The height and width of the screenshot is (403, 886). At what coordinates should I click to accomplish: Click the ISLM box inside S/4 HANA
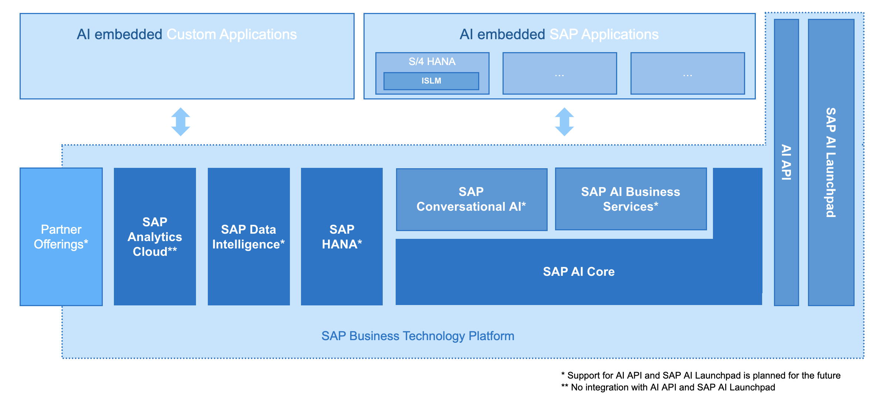click(x=431, y=81)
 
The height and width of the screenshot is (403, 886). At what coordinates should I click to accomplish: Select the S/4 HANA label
click(x=432, y=61)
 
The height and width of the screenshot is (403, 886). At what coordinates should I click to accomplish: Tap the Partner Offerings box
click(x=61, y=237)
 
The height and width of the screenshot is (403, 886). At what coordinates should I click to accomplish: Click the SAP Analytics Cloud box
click(x=155, y=237)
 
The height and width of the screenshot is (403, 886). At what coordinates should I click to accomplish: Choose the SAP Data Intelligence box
click(x=249, y=237)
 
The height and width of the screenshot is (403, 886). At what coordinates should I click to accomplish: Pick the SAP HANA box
click(x=342, y=237)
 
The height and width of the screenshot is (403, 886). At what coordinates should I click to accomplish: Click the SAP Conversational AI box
click(x=471, y=200)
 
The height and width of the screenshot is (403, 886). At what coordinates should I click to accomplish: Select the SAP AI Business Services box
click(x=631, y=199)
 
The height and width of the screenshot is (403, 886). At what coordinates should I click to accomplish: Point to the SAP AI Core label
click(x=579, y=272)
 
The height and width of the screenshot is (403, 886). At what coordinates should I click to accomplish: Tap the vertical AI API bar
click(x=786, y=162)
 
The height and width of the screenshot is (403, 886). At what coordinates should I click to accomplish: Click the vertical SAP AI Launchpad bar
click(x=831, y=162)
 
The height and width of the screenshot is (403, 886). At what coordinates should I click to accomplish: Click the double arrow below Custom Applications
click(x=180, y=122)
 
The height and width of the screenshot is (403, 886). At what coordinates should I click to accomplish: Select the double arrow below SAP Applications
click(x=564, y=122)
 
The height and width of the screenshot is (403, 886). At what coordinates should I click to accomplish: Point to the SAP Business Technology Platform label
click(x=418, y=336)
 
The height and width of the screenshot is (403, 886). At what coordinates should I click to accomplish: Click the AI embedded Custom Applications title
click(x=187, y=34)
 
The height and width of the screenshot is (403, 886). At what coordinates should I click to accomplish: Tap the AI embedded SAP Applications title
click(x=559, y=34)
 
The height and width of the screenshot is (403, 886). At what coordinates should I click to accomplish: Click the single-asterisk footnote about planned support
click(x=701, y=376)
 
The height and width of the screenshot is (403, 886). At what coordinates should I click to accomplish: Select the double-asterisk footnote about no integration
click(x=668, y=387)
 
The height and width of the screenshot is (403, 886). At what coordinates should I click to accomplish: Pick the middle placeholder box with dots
click(x=560, y=73)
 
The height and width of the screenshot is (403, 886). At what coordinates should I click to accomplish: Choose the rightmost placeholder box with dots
click(x=688, y=73)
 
